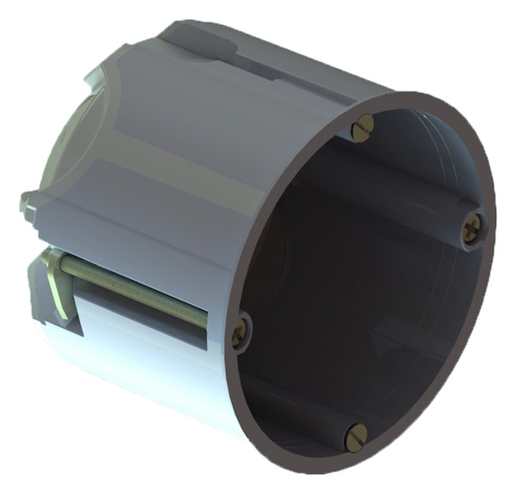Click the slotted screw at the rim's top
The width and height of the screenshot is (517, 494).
pyautogui.click(x=363, y=127)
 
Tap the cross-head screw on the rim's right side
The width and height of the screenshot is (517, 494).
pyautogui.click(x=472, y=227)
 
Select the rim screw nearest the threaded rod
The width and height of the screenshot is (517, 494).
pyautogui.click(x=240, y=331)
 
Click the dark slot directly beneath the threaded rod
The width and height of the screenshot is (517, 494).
pyautogui.click(x=142, y=321)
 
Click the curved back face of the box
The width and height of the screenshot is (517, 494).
pyautogui.click(x=63, y=142)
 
